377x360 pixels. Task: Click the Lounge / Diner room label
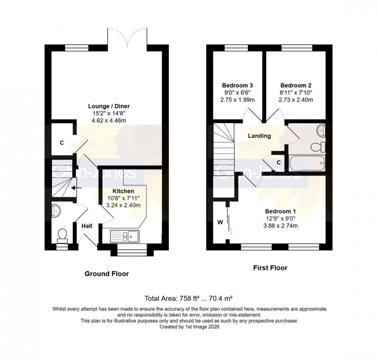point(106,106)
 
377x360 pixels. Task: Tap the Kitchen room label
point(123,191)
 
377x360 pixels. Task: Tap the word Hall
point(87,226)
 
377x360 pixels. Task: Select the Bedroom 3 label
point(237,85)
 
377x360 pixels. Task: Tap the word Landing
point(259,136)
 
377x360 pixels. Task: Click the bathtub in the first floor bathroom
point(307,163)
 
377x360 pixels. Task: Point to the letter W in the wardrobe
point(220,222)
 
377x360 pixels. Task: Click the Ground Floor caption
point(107,274)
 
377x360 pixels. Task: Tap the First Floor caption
point(270,268)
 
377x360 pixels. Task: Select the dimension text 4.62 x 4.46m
point(106,120)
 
